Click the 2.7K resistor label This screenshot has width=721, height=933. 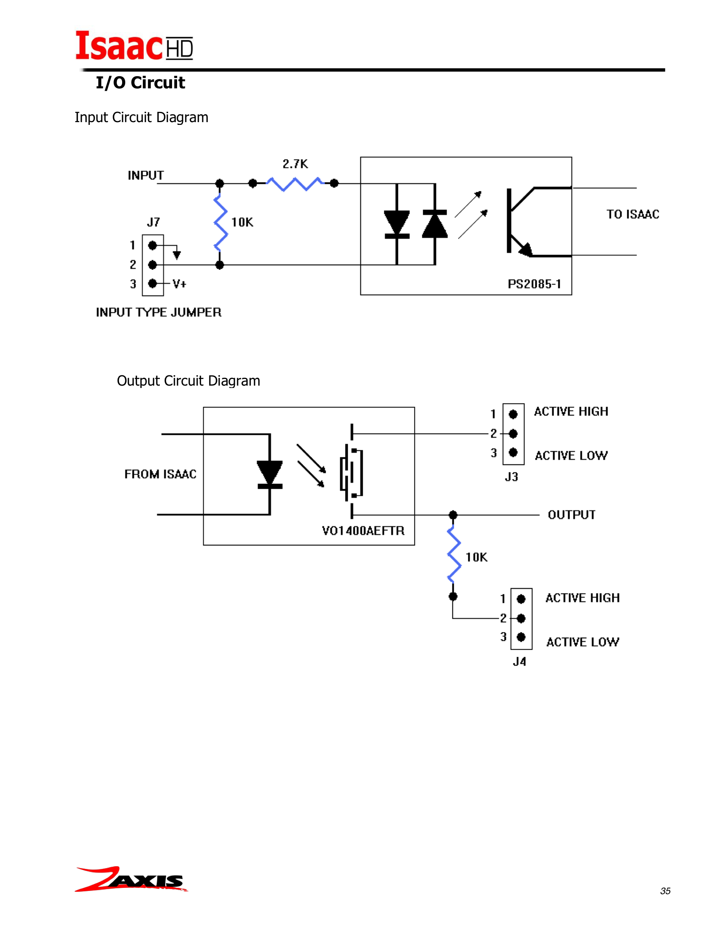pyautogui.click(x=295, y=164)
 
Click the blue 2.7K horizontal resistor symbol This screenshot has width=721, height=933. pyautogui.click(x=295, y=184)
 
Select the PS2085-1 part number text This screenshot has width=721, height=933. pyautogui.click(x=534, y=284)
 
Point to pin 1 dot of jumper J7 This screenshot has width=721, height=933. pyautogui.click(x=152, y=245)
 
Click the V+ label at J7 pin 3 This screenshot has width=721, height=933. pyautogui.click(x=179, y=284)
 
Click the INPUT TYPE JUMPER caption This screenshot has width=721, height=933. pyautogui.click(x=159, y=312)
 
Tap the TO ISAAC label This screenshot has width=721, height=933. pyautogui.click(x=633, y=214)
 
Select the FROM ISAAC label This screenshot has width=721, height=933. pyautogui.click(x=160, y=474)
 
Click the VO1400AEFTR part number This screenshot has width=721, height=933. pyautogui.click(x=362, y=531)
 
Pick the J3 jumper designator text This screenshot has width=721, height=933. pyautogui.click(x=511, y=477)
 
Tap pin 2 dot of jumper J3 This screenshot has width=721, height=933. pyautogui.click(x=513, y=434)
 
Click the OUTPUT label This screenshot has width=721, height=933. pyautogui.click(x=571, y=515)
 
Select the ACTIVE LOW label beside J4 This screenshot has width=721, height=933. pyautogui.click(x=583, y=642)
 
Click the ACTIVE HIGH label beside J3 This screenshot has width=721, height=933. pyautogui.click(x=571, y=412)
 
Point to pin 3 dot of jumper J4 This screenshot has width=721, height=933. pyautogui.click(x=521, y=637)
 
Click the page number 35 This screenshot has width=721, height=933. pyautogui.click(x=665, y=891)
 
